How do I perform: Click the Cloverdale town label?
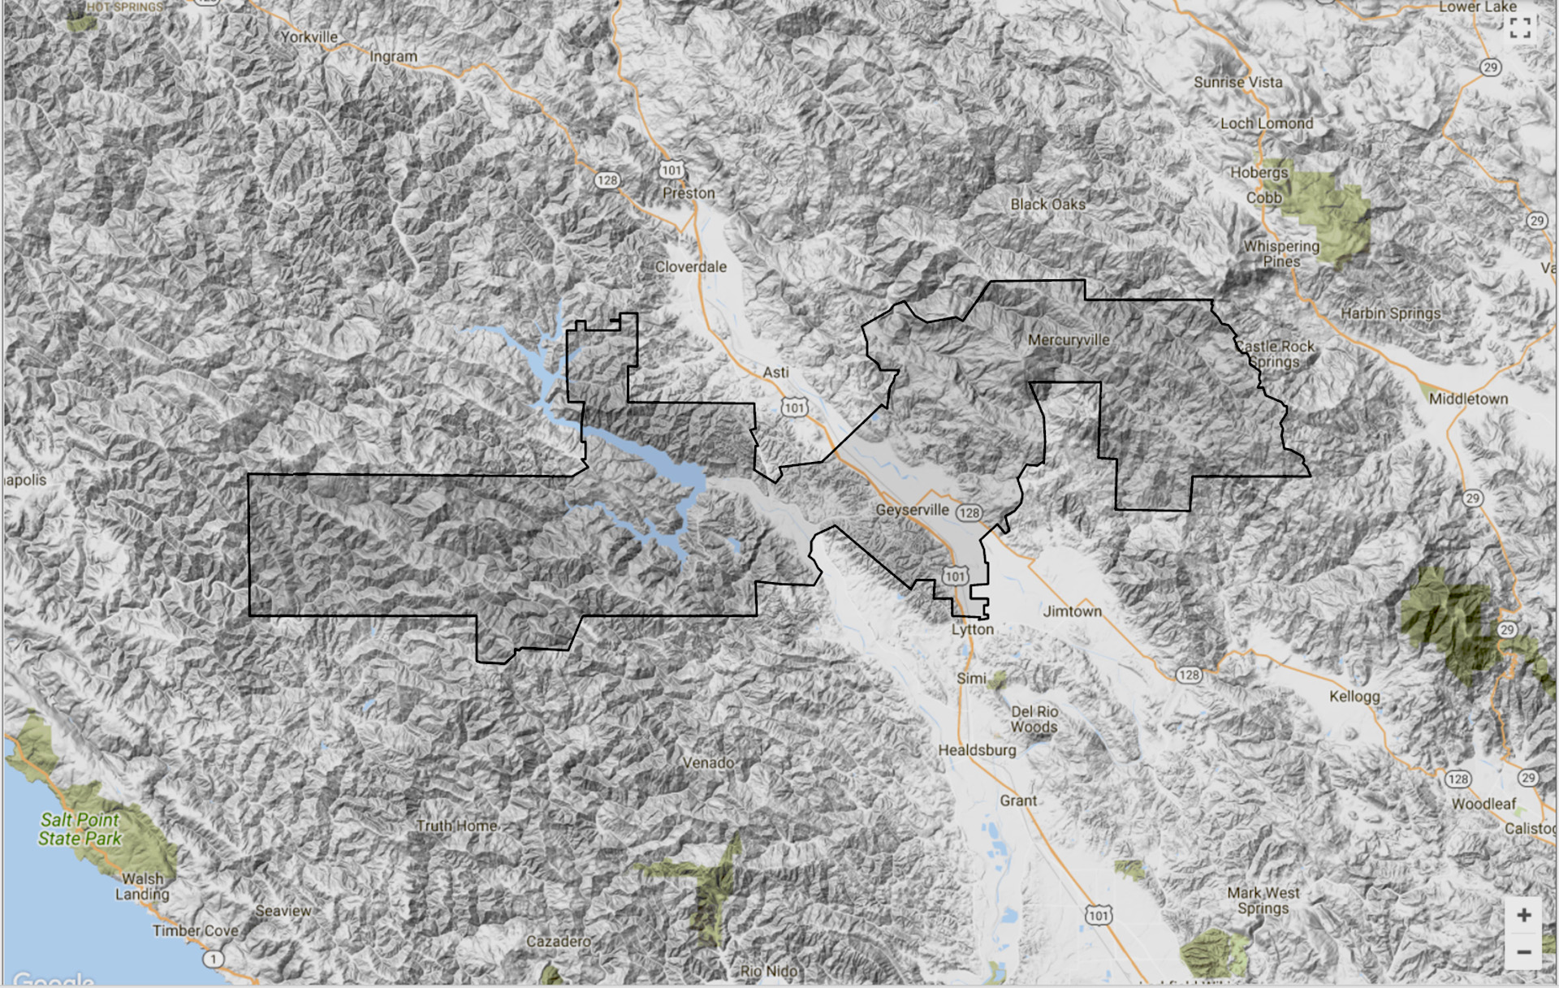691,267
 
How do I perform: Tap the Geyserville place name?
912,510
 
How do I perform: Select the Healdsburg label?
977,750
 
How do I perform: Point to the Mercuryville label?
1069,340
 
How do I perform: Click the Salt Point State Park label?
80,829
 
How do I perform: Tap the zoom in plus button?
1523,915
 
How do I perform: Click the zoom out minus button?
1523,951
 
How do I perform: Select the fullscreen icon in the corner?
1520,28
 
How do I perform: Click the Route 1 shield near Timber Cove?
213,959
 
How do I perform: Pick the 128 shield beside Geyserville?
969,513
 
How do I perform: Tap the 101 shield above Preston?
672,170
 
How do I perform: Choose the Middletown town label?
1468,399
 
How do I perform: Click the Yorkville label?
309,37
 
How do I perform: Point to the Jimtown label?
1072,611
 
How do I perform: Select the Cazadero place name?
559,941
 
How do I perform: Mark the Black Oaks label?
1047,205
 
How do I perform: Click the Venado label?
708,763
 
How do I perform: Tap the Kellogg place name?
1354,697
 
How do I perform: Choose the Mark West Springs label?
1263,900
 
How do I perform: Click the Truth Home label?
456,826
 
